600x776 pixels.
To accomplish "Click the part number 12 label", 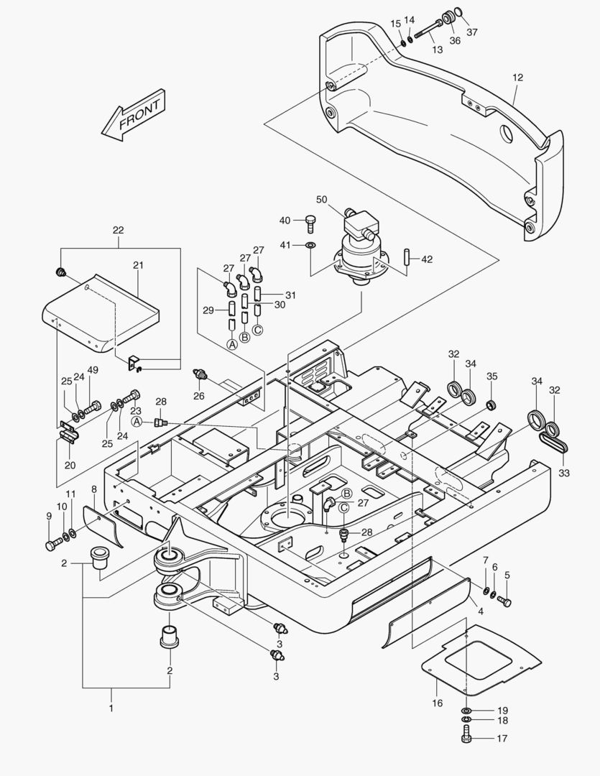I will pos(517,78).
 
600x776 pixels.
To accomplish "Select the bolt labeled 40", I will pos(310,223).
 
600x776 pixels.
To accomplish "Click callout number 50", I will pos(321,198).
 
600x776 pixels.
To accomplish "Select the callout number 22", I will pos(119,231).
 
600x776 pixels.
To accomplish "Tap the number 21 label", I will pos(139,265).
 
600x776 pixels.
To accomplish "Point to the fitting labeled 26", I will pos(200,375).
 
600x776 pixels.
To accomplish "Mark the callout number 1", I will pos(111,709).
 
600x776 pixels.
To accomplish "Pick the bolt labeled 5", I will pos(504,601).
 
